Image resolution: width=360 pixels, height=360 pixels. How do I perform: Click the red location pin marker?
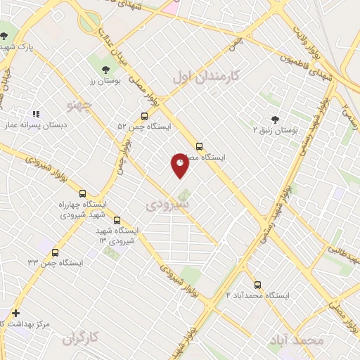point(180,165)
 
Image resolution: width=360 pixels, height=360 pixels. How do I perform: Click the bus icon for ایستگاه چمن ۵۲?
point(144,116)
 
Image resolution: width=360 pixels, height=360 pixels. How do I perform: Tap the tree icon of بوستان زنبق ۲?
point(275,120)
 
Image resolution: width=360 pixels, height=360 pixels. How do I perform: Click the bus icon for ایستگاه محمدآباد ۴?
point(257,285)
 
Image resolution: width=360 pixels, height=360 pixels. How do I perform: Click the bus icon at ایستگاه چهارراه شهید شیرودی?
point(83,193)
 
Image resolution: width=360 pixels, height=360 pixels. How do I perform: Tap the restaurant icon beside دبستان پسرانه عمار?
point(35,113)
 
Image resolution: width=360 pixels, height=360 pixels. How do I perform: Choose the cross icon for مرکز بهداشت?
point(15,313)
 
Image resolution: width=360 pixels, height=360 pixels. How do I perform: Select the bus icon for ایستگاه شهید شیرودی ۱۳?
point(117,220)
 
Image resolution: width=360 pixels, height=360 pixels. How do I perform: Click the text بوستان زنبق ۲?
point(276,131)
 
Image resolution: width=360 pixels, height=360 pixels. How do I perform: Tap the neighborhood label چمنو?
point(79,105)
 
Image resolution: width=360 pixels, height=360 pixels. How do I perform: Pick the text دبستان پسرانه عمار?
point(35,125)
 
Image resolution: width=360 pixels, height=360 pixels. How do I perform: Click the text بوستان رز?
point(105,81)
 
